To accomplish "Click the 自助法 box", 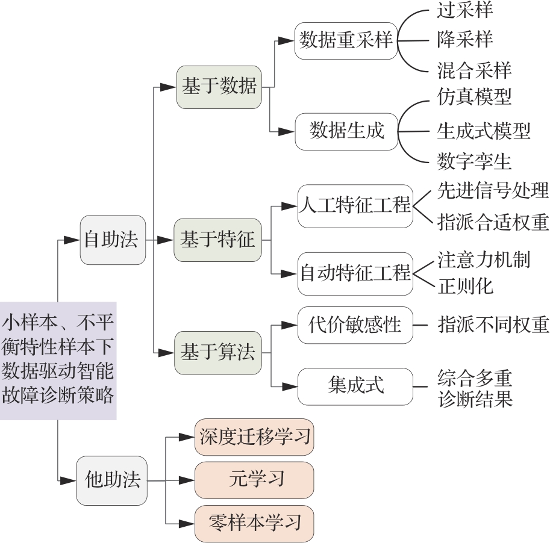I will (x=113, y=240).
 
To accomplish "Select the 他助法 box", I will (x=111, y=480).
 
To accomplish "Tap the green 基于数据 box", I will (x=219, y=87).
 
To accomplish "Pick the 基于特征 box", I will (x=217, y=240).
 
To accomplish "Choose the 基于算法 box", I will (x=217, y=352).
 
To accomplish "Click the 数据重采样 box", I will (x=346, y=41).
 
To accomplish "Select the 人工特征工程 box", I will (x=354, y=205).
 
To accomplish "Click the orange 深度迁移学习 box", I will (x=254, y=436).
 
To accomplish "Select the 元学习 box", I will (x=254, y=480).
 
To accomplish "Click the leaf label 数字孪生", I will (x=474, y=161).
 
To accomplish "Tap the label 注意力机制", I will (x=484, y=259).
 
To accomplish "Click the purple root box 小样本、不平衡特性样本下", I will (x=58, y=361).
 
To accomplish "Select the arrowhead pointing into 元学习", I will (x=188, y=480).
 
